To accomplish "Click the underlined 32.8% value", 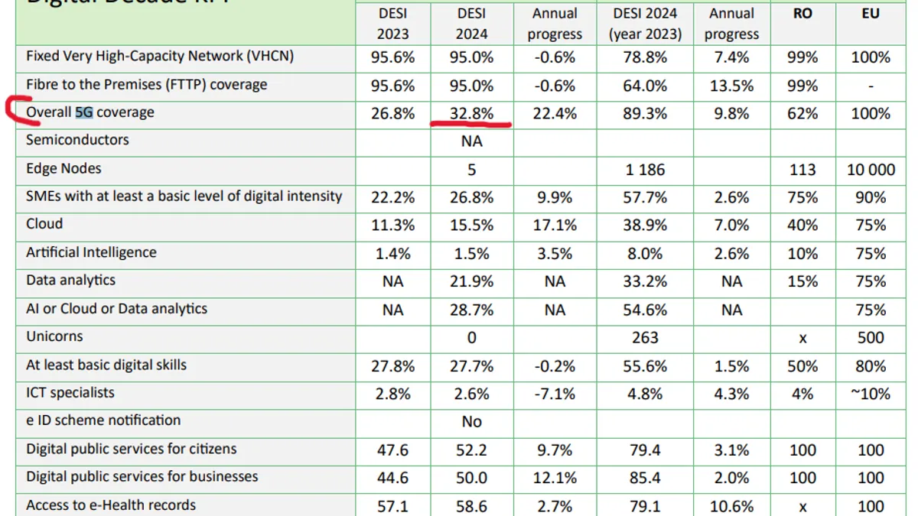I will pyautogui.click(x=472, y=114).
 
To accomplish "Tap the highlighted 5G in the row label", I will pyautogui.click(x=83, y=113).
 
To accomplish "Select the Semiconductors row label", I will pyautogui.click(x=77, y=140).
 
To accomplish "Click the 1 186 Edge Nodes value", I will pyautogui.click(x=644, y=170).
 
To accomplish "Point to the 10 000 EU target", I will pyautogui.click(x=871, y=170).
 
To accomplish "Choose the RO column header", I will pyautogui.click(x=802, y=14).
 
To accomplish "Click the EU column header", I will pyautogui.click(x=871, y=14).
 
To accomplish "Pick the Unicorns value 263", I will pyautogui.click(x=644, y=338).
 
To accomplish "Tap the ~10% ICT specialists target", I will pyautogui.click(x=871, y=394).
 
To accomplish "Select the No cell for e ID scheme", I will pyautogui.click(x=472, y=422).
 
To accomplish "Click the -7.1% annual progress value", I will pyautogui.click(x=555, y=394).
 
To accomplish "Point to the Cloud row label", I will pyautogui.click(x=44, y=224).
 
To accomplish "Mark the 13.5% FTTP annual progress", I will pyautogui.click(x=731, y=86).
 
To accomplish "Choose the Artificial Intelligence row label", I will pyautogui.click(x=91, y=252).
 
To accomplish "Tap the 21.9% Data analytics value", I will pyautogui.click(x=472, y=281).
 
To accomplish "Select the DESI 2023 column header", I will pyautogui.click(x=393, y=24).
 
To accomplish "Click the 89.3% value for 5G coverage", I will pyautogui.click(x=644, y=114).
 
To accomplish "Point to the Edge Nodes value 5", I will pyautogui.click(x=472, y=170).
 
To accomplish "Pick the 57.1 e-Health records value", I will pyautogui.click(x=393, y=506).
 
